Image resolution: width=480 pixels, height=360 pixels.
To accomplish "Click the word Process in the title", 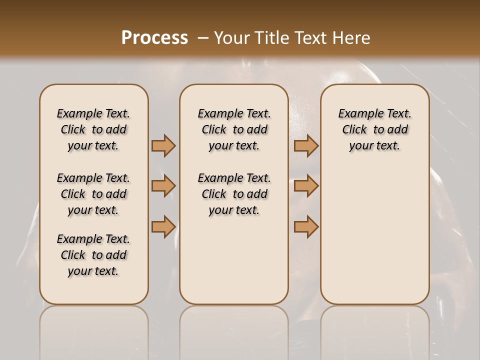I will point(154,38).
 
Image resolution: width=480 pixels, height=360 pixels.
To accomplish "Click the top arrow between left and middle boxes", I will point(163,145).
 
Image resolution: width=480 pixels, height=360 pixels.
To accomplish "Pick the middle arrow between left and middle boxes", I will point(163,186).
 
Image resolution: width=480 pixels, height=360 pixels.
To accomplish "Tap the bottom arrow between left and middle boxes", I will point(163,226).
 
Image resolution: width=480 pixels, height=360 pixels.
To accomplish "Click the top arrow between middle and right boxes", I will point(306,145).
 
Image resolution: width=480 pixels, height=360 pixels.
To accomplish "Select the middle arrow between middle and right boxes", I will point(306,186).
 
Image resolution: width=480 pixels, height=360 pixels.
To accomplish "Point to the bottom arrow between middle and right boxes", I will point(306,226).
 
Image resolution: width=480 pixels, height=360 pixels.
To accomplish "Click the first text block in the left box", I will point(93,129).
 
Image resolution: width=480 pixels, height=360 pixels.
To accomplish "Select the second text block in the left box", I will point(93,194).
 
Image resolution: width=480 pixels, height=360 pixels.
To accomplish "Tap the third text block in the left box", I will point(93,255).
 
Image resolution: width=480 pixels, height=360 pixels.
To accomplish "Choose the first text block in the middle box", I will point(234,129).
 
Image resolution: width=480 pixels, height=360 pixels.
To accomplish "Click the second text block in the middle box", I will point(234,194).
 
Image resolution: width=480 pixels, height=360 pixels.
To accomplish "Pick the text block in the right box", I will point(374,129).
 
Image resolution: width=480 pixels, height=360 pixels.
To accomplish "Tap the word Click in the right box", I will point(354,130).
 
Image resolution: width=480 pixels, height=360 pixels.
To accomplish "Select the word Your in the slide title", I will point(230,38).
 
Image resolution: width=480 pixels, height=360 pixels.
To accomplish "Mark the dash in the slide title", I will point(202,38).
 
